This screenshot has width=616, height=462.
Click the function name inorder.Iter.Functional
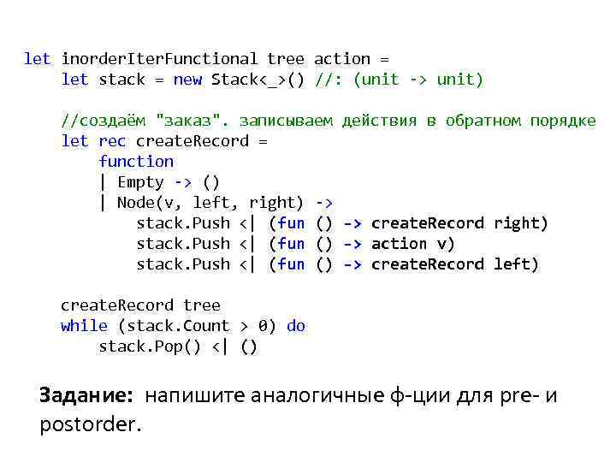pos(159,59)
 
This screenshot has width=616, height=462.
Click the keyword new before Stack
pos(187,80)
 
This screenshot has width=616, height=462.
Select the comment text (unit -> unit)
pos(418,80)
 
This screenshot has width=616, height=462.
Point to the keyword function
pos(136,162)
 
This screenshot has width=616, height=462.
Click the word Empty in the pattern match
pos(140,182)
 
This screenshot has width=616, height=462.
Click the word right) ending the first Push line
pos(521,223)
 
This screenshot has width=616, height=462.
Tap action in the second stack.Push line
pos(399,244)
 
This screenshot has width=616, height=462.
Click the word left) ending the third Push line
pos(516,264)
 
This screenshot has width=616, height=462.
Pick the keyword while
pos(84,326)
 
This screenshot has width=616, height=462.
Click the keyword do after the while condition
pos(296,326)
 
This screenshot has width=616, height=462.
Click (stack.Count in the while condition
pos(174,326)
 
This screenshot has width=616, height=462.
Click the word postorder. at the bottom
pos(89,425)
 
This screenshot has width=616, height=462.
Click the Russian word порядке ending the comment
pos(563,121)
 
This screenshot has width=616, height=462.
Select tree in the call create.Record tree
pos(202,305)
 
